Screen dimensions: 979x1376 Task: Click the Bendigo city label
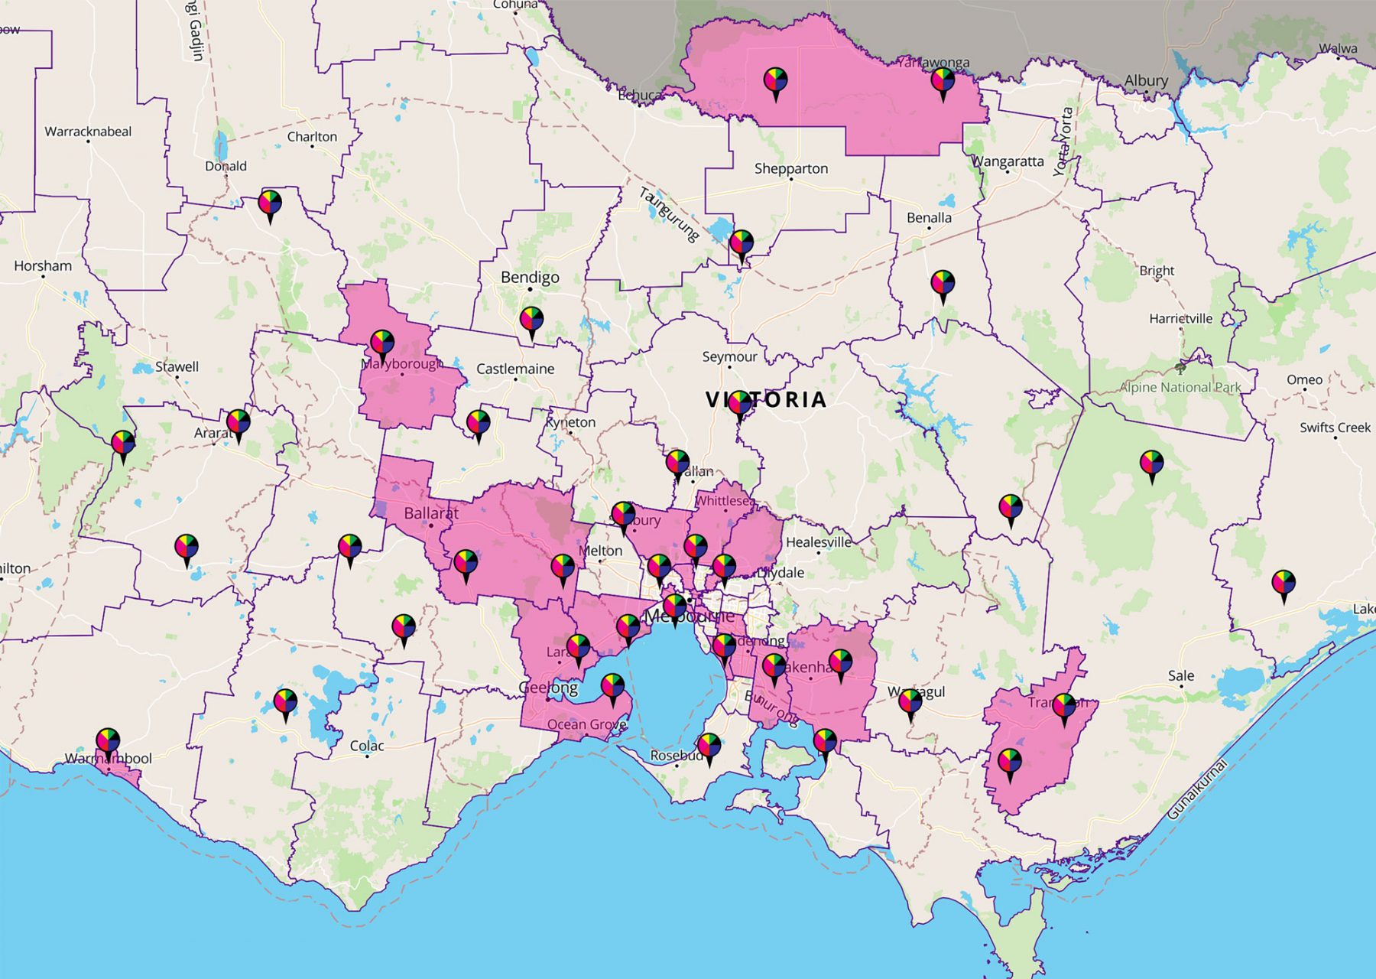click(530, 278)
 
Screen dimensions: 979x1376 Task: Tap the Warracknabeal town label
click(88, 132)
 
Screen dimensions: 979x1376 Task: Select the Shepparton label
click(790, 168)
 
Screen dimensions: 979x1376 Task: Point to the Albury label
click(1145, 80)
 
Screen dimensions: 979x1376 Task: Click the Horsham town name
click(43, 266)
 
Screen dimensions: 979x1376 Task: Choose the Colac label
click(367, 746)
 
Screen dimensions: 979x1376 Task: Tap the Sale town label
click(1180, 675)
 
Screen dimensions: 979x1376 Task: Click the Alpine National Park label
click(1180, 387)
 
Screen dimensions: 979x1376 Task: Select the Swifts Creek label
click(1335, 428)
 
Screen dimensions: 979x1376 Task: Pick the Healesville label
click(818, 542)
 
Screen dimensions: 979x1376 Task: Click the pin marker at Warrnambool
click(108, 742)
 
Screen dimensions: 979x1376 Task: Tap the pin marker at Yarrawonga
click(943, 81)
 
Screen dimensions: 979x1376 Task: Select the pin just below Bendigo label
click(531, 320)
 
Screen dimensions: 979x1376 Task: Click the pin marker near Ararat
click(239, 423)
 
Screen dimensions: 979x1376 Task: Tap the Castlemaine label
click(515, 369)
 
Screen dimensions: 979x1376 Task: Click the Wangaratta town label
click(1007, 161)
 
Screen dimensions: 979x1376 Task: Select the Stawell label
click(177, 367)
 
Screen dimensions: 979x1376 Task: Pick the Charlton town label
click(312, 137)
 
